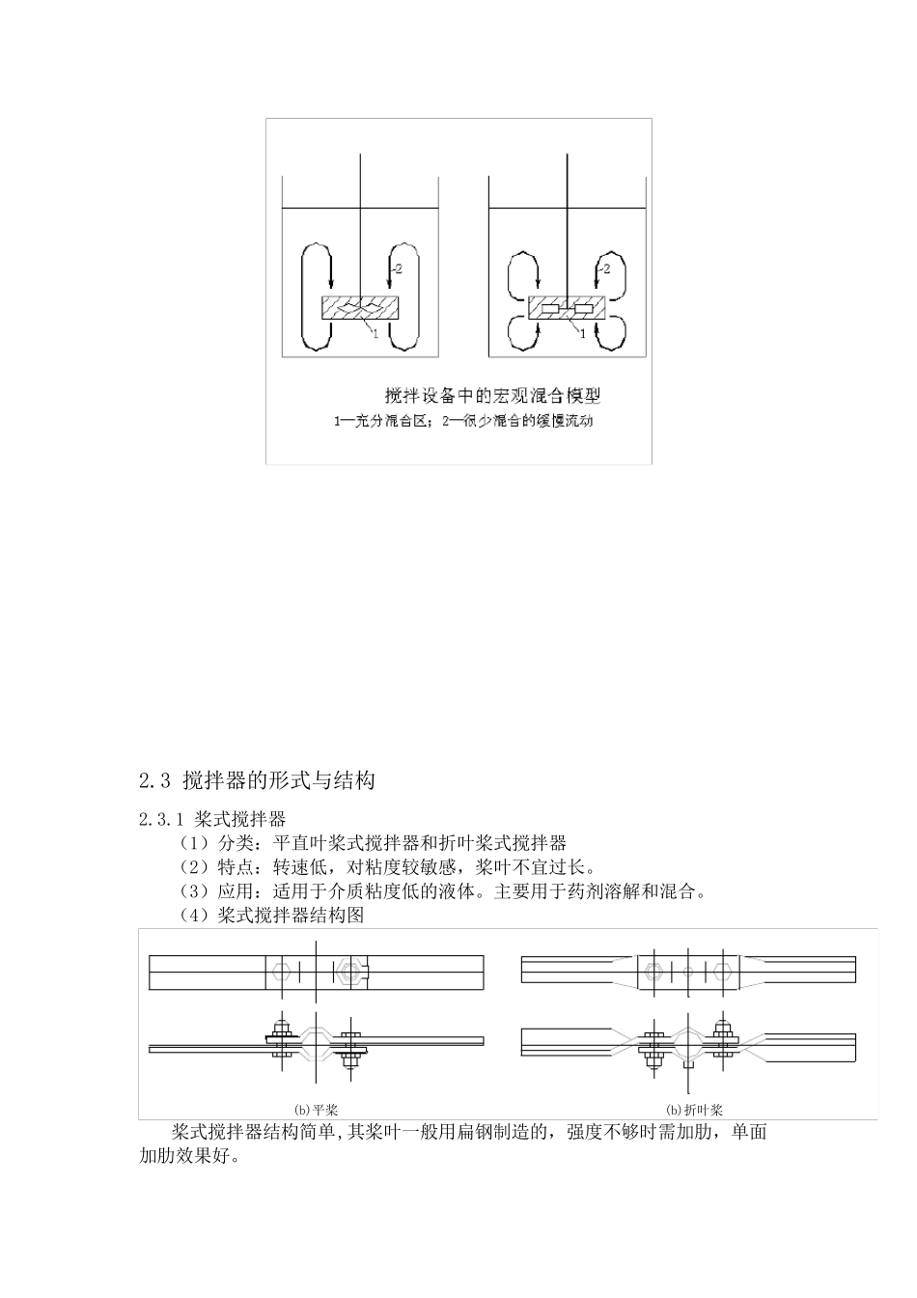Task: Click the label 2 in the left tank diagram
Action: coord(400,268)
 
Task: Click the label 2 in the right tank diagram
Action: coord(606,268)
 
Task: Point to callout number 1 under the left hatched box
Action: coord(375,334)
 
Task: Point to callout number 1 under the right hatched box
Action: coord(583,334)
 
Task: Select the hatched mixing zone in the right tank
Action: coord(567,309)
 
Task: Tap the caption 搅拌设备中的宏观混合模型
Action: coord(493,395)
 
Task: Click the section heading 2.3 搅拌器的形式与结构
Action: coord(256,780)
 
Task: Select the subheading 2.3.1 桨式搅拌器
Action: coord(211,820)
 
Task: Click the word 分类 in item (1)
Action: coord(235,844)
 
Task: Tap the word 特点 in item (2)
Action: coord(235,867)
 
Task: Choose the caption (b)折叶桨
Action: coord(695,1111)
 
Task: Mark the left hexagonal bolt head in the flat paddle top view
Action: coord(284,971)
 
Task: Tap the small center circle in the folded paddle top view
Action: coord(687,970)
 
